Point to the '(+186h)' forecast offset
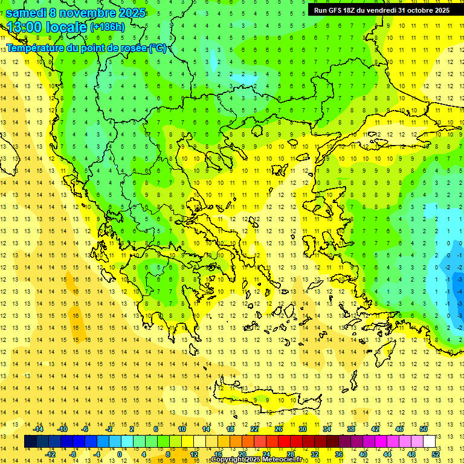(107, 27)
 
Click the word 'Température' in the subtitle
(36, 48)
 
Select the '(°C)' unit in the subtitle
(157, 48)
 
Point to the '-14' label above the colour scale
(39, 429)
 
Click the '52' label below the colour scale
(436, 454)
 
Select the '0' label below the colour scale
(119, 454)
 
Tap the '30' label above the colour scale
(302, 429)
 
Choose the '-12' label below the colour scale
(50, 454)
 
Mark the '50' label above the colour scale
(423, 429)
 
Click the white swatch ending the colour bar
(429, 442)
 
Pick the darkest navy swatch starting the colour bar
(30, 442)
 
